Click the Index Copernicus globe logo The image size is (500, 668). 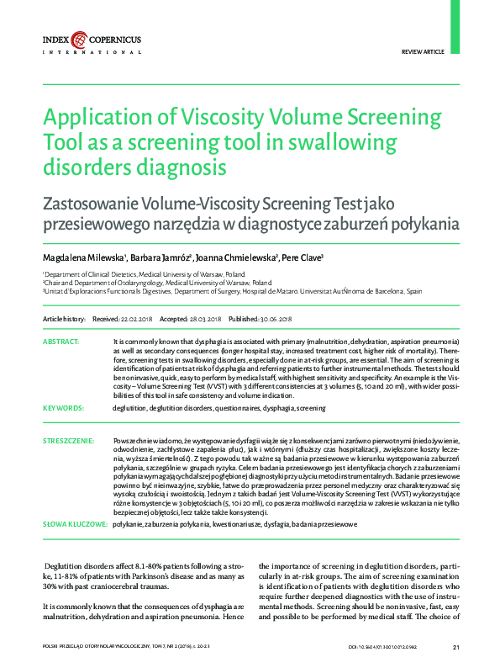(78, 39)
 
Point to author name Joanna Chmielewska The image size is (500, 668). (234, 257)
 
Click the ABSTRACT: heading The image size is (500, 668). (61, 342)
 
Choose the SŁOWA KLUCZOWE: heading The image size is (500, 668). (74, 523)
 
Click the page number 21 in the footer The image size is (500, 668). (455, 646)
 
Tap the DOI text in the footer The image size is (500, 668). (381, 646)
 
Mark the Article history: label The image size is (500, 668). (64, 320)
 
